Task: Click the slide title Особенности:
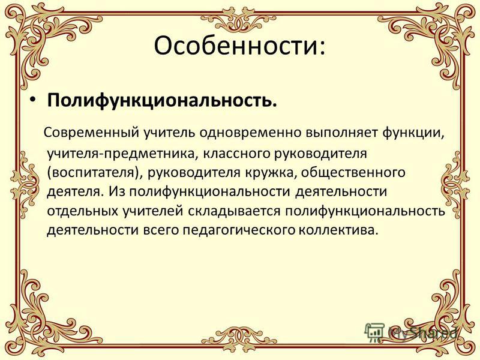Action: click(x=239, y=46)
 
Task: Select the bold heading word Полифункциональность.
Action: click(x=162, y=101)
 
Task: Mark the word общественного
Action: click(x=353, y=173)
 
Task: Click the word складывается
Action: click(x=235, y=211)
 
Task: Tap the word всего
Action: click(x=161, y=230)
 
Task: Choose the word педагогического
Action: click(x=239, y=230)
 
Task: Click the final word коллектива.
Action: click(x=337, y=230)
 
